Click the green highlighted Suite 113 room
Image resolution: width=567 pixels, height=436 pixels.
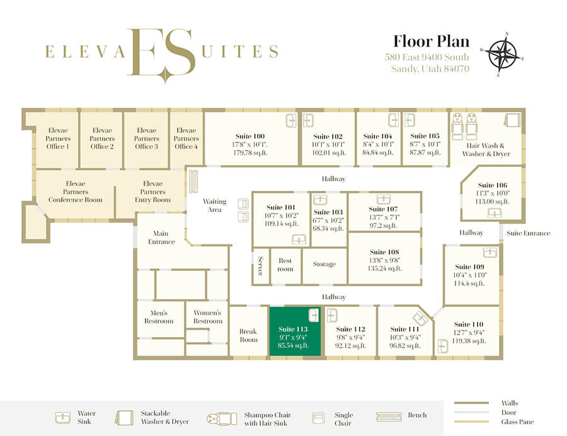[295, 331]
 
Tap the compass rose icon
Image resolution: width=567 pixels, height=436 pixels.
[502, 55]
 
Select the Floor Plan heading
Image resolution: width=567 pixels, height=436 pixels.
[431, 41]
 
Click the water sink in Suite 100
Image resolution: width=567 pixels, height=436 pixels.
[291, 121]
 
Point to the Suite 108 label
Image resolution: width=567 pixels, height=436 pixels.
[384, 252]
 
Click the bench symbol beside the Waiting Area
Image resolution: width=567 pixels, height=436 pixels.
[194, 181]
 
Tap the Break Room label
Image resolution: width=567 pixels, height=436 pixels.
[248, 335]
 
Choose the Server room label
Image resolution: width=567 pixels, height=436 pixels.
[260, 266]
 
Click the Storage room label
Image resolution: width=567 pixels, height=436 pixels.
[324, 264]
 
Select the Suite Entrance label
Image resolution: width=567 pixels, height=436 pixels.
[529, 233]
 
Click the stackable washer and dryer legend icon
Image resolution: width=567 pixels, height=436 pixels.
[123, 417]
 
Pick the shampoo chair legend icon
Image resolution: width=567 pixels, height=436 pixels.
[222, 418]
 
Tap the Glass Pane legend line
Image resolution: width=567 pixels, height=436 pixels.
[471, 422]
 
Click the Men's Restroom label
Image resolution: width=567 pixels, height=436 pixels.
[159, 317]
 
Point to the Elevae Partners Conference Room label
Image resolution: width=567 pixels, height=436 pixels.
[75, 192]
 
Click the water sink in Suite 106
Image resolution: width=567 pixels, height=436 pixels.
[495, 214]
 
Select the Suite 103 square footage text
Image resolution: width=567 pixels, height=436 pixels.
[328, 229]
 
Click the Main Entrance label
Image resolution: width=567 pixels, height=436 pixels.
[161, 238]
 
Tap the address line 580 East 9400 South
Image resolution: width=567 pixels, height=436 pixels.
[427, 57]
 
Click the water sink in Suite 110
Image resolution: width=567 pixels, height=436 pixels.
[443, 346]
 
